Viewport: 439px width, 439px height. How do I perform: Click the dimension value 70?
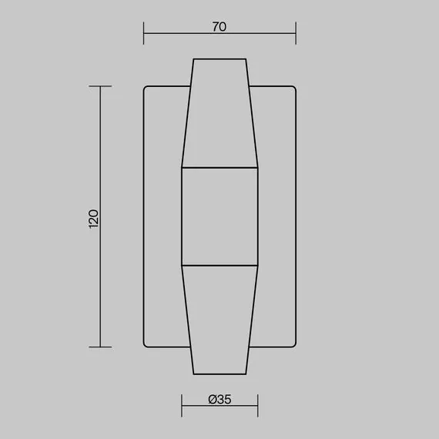(219, 26)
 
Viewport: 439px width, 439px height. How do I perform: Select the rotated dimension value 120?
(94, 217)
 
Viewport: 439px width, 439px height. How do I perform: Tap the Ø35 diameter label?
(219, 399)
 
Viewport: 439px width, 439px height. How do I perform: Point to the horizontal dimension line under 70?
(219, 34)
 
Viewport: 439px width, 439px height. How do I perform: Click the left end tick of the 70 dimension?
(144, 34)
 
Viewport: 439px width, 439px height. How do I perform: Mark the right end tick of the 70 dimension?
(296, 34)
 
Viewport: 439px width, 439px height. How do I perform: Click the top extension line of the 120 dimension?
(101, 86)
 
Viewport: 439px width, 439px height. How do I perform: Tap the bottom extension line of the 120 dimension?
(101, 347)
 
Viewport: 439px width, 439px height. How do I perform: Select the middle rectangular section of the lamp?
(219, 216)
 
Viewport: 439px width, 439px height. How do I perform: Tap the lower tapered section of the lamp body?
(219, 320)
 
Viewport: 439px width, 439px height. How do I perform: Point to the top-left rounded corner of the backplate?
(146, 89)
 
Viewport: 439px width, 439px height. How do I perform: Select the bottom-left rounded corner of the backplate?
(146, 343)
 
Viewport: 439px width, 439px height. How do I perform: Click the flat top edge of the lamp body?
(219, 59)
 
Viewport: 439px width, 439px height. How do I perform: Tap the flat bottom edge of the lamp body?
(219, 374)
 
